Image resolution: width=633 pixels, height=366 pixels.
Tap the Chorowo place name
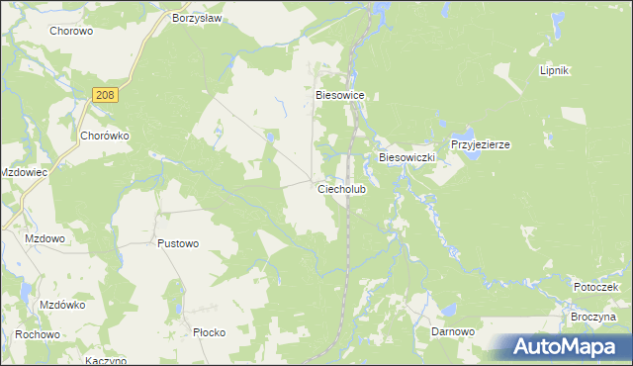[70, 31]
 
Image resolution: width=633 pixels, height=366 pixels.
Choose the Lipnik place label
[554, 72]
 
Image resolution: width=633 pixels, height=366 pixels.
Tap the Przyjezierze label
[480, 144]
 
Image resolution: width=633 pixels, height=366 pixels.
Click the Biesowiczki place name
[407, 157]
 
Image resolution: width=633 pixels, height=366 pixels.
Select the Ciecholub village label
[342, 188]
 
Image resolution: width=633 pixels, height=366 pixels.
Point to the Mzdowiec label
[25, 171]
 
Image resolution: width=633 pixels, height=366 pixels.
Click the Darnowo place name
[454, 332]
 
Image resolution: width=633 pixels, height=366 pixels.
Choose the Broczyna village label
[592, 318]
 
